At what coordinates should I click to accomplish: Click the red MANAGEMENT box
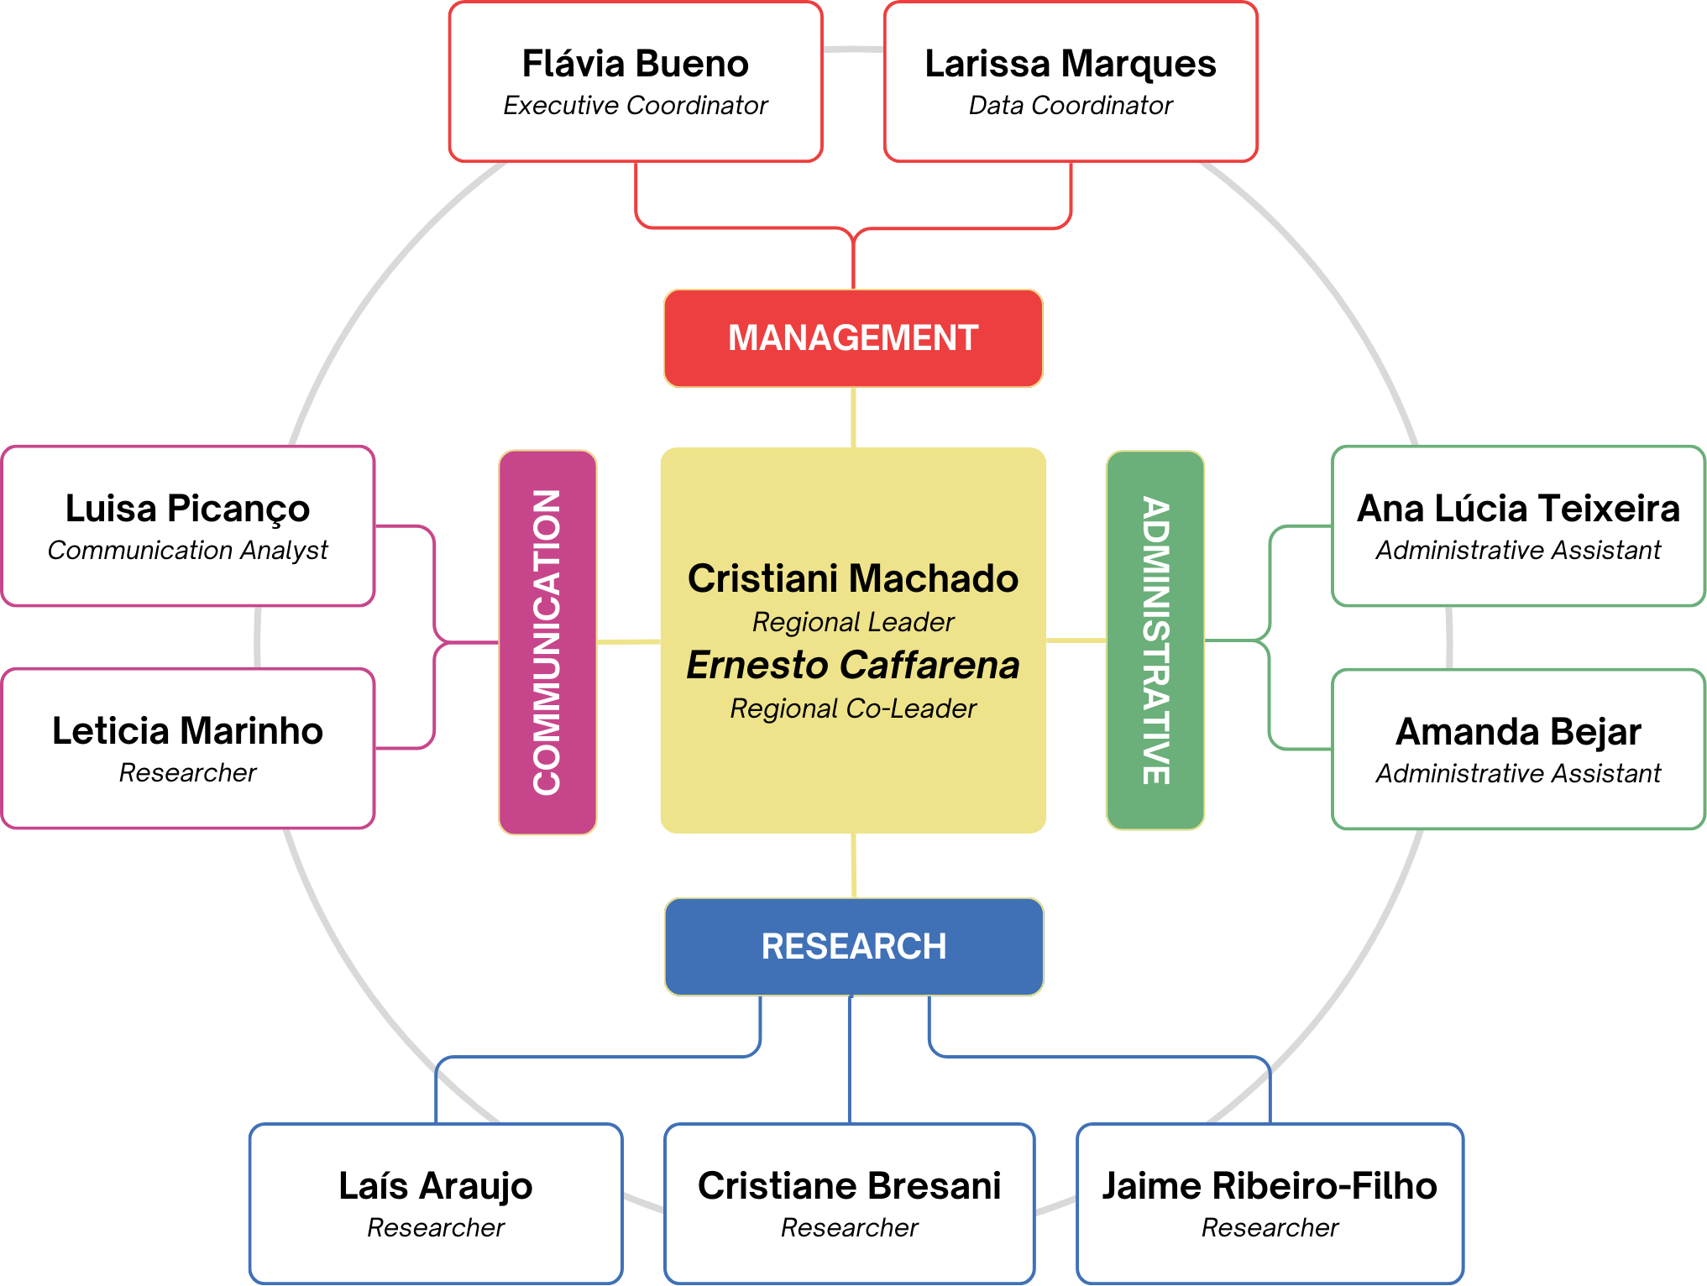(x=853, y=338)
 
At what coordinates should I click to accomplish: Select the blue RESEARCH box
(x=854, y=947)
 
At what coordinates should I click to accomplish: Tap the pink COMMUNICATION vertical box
(x=547, y=642)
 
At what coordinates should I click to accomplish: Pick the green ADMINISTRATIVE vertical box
(x=1155, y=640)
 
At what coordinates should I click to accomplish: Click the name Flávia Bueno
(x=636, y=64)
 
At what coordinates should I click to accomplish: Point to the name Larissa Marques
(x=1071, y=64)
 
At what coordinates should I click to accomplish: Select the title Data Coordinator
(x=1071, y=106)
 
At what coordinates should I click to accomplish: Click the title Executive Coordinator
(x=636, y=106)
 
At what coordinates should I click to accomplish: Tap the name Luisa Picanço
(x=188, y=510)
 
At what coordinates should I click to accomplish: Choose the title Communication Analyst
(x=188, y=551)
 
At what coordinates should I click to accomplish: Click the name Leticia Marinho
(x=188, y=731)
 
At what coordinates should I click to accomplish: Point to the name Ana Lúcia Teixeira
(x=1519, y=509)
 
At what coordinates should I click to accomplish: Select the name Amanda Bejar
(x=1519, y=732)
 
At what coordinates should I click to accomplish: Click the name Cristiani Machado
(x=853, y=578)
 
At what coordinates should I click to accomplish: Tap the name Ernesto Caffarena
(x=853, y=665)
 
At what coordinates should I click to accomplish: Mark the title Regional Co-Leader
(x=853, y=708)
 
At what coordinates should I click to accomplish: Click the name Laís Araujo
(x=436, y=1187)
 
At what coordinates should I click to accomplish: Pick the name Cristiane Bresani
(x=850, y=1186)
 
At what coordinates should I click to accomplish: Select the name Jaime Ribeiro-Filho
(x=1270, y=1186)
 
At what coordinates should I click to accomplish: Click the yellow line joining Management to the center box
(x=853, y=417)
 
